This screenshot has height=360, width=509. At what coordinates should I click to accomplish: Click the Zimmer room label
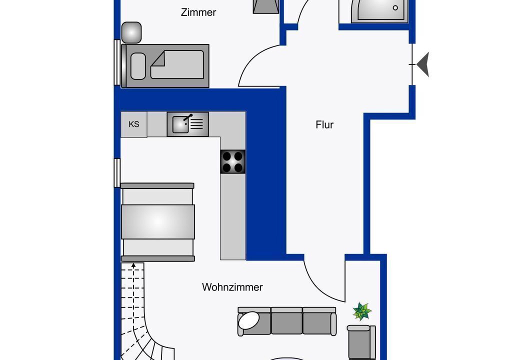click(198, 12)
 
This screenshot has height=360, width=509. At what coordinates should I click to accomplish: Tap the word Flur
click(324, 124)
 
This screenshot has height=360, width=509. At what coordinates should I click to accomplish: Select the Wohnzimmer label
click(232, 287)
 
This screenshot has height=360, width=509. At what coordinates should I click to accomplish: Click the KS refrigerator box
click(133, 124)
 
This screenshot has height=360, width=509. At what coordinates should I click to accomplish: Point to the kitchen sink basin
click(180, 124)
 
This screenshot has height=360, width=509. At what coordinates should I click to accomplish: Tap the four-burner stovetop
click(233, 161)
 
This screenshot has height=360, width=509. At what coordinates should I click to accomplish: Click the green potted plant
click(362, 311)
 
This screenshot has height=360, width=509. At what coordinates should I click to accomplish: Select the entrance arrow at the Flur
click(423, 64)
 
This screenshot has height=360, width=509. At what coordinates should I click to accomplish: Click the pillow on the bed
click(138, 66)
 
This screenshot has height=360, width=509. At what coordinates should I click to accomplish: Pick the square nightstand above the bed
click(131, 32)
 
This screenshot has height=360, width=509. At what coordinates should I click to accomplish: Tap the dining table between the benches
click(158, 222)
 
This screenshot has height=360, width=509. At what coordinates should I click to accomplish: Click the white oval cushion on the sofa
click(248, 320)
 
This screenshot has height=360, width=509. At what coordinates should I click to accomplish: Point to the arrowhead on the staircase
click(133, 265)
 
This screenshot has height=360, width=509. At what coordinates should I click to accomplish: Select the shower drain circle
click(395, 8)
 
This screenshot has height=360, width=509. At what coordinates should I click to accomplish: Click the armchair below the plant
click(361, 342)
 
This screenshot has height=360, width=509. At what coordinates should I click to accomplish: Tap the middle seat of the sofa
click(286, 320)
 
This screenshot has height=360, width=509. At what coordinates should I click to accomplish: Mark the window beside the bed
click(117, 62)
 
